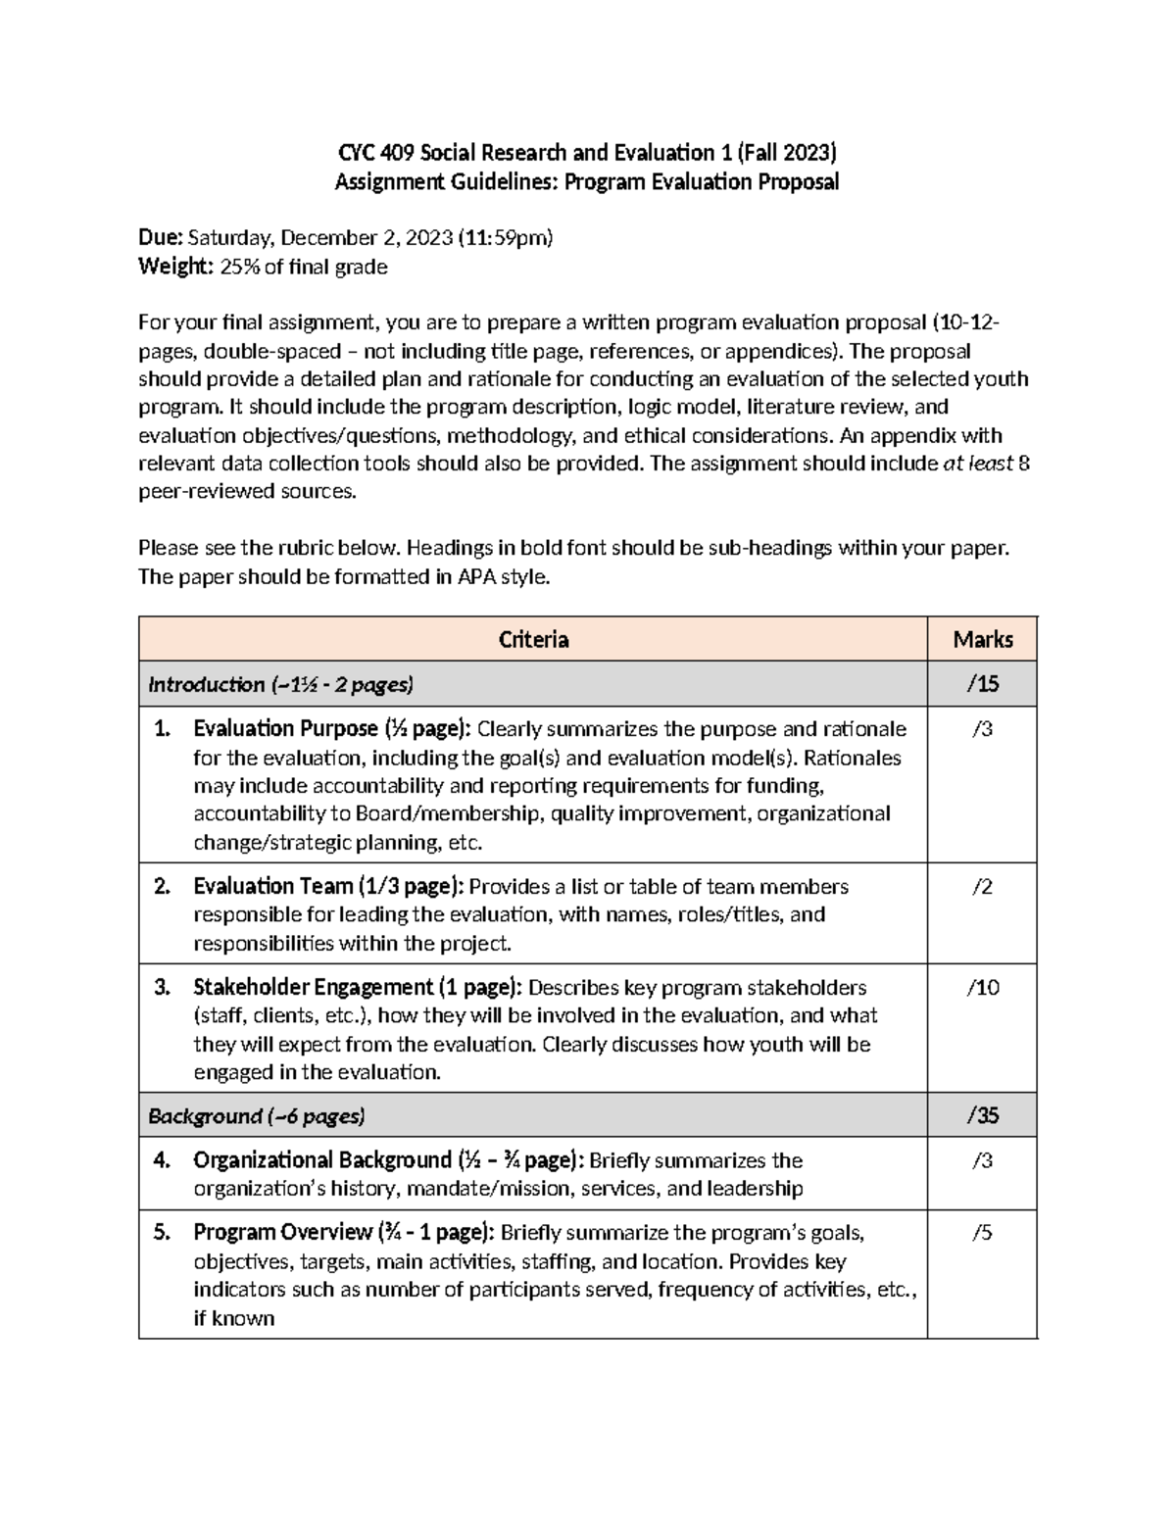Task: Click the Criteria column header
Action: tap(533, 640)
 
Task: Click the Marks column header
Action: tap(982, 640)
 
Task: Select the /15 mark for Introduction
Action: tap(982, 684)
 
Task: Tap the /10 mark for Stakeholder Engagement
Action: tap(982, 988)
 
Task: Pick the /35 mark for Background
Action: tap(982, 1115)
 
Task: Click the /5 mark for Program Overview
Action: tap(982, 1233)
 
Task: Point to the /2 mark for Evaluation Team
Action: tap(982, 887)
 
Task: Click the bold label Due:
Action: tap(161, 238)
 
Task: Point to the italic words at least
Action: tap(977, 464)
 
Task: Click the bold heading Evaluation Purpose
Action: tap(285, 729)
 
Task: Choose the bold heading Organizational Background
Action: tap(321, 1160)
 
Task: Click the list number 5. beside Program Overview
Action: tap(163, 1233)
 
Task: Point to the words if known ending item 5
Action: tap(233, 1318)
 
